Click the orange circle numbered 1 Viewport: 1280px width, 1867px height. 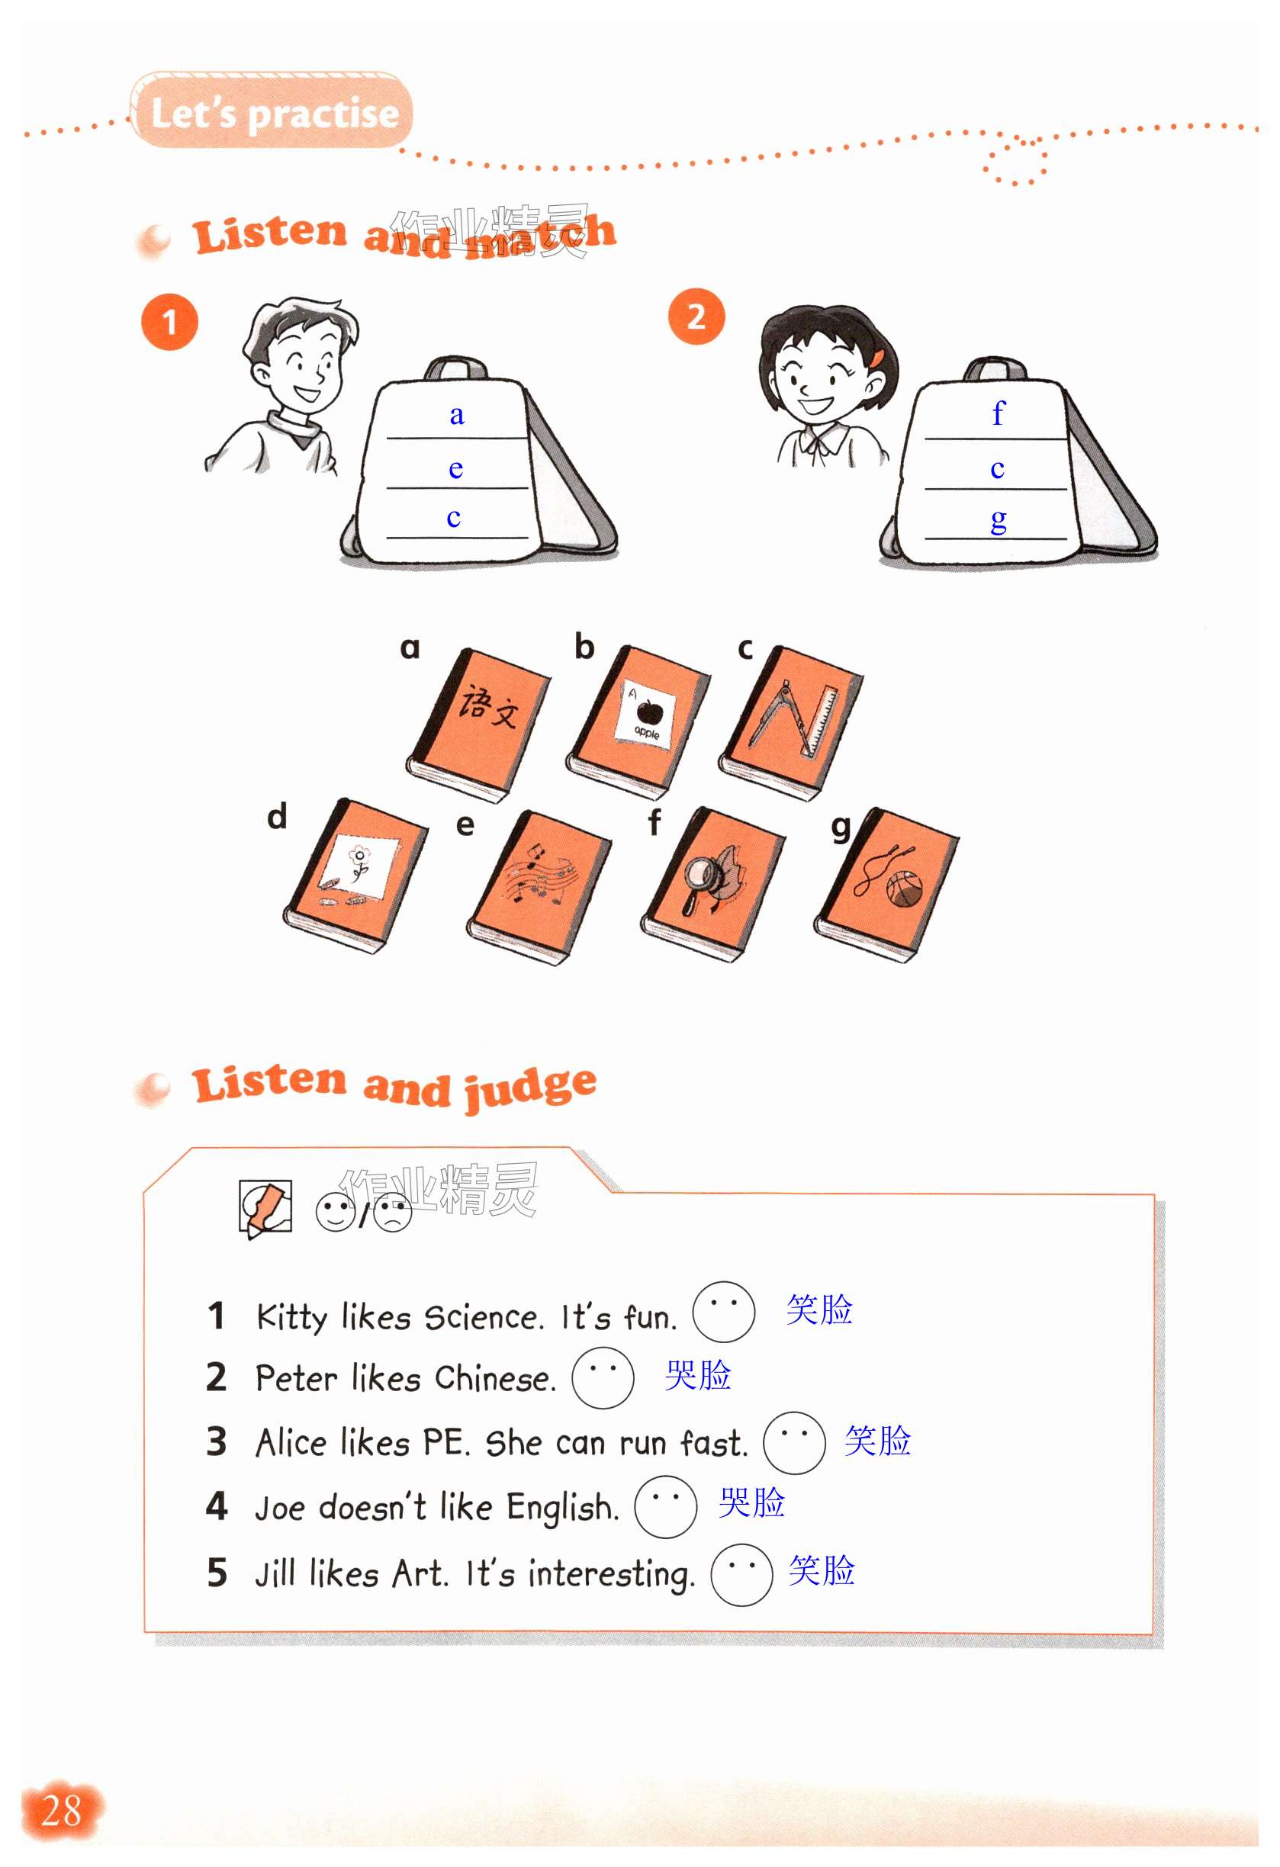169,322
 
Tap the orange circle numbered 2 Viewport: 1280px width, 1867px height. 696,317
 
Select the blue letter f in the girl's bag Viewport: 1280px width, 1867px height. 998,413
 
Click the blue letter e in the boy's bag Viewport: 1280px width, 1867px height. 455,468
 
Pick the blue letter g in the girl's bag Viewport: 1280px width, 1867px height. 998,521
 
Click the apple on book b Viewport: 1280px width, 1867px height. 648,711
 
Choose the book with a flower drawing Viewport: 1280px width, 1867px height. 355,876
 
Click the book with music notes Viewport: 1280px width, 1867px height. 539,887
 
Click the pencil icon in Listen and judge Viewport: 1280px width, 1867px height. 265,1208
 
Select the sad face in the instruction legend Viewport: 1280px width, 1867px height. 393,1214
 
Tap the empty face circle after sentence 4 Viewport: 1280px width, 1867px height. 665,1507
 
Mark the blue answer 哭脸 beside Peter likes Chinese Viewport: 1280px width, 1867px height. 697,1375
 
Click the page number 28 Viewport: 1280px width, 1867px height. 61,1811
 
